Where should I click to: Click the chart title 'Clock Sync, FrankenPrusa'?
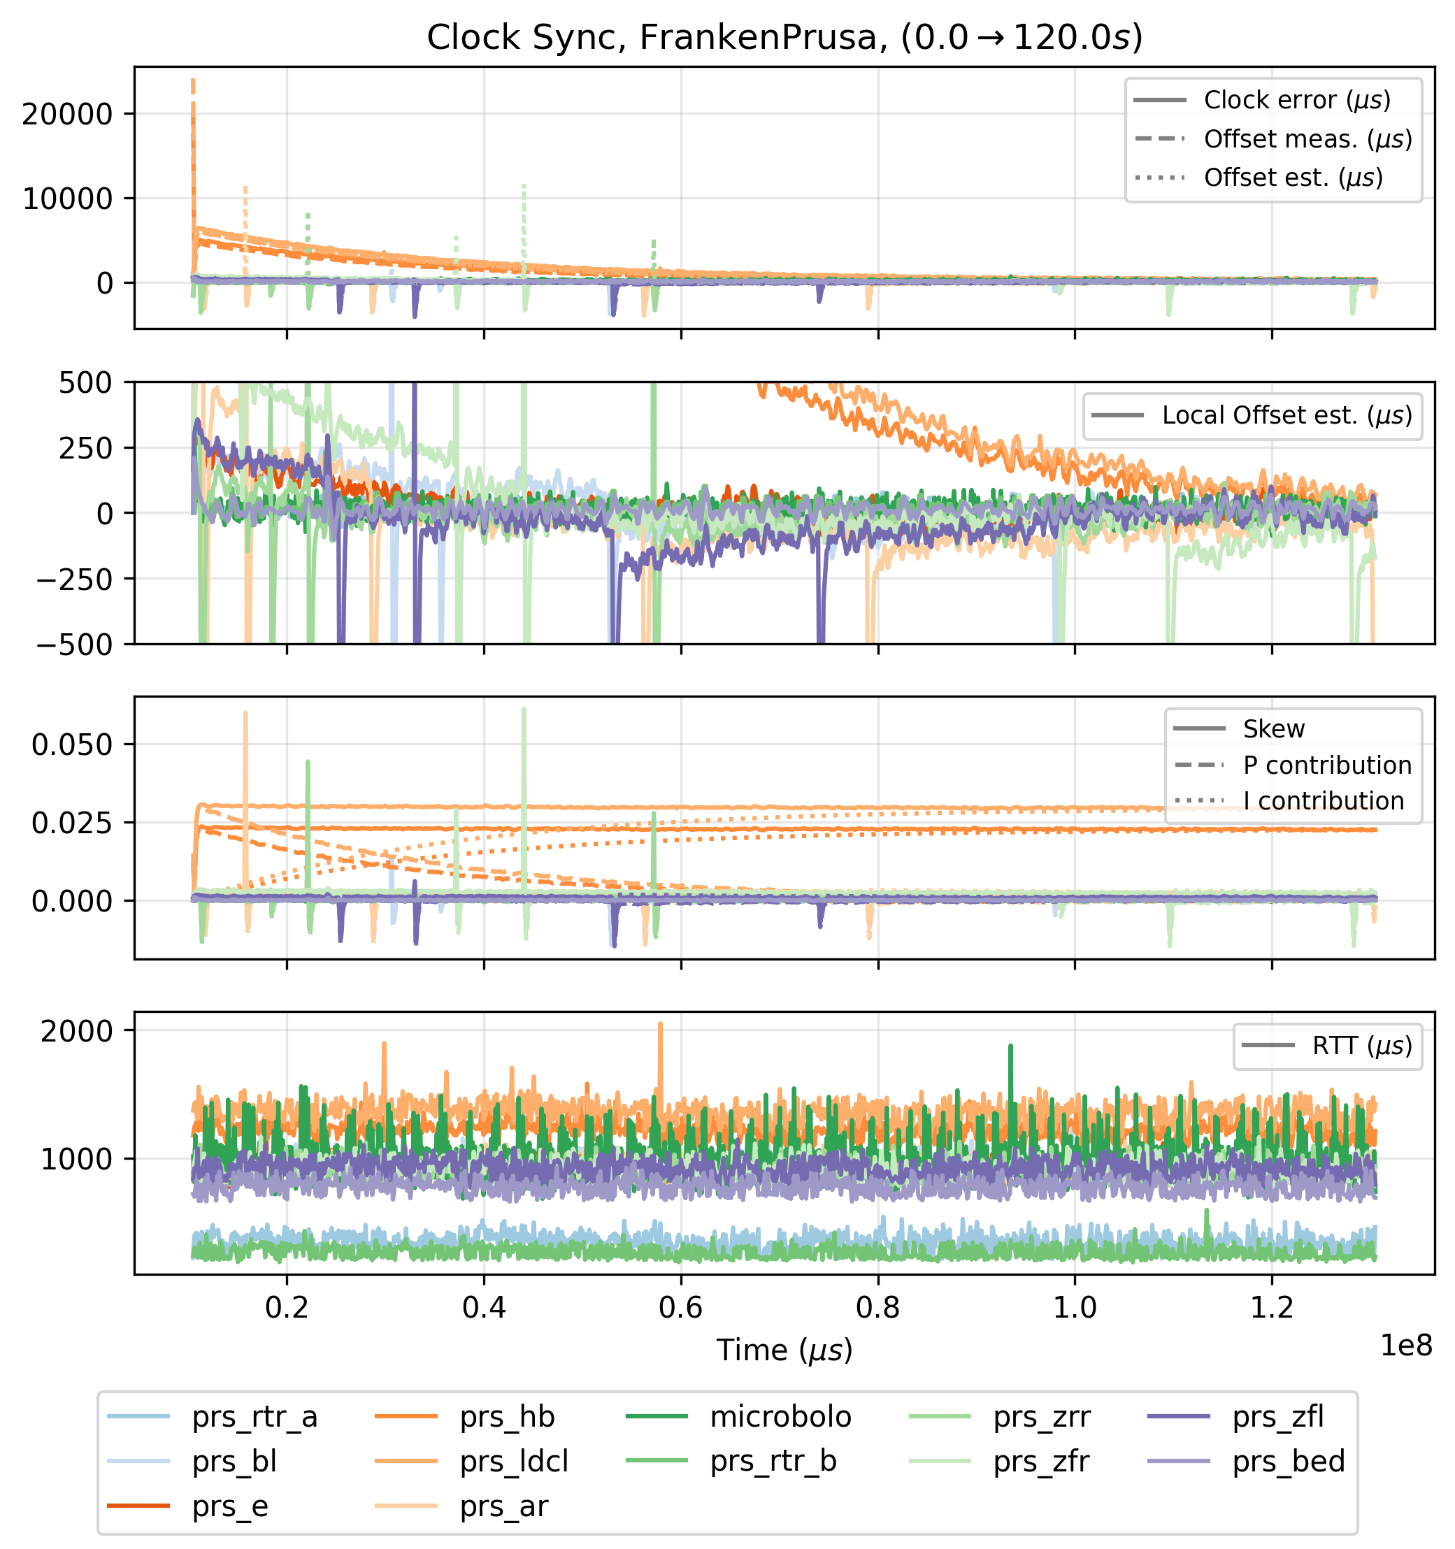click(x=784, y=38)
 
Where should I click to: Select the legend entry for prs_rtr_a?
click(x=254, y=1418)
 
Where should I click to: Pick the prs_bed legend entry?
click(x=1288, y=1462)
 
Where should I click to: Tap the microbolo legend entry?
click(x=780, y=1418)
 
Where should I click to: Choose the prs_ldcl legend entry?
click(x=514, y=1462)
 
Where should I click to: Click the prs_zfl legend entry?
click(x=1278, y=1418)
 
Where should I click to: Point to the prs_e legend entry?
click(x=230, y=1507)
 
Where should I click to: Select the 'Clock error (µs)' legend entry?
click(x=1297, y=101)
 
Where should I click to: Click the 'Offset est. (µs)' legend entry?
click(x=1293, y=178)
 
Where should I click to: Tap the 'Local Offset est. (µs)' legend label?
click(x=1286, y=416)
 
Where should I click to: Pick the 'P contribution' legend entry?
click(x=1327, y=766)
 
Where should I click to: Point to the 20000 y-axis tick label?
click(x=68, y=115)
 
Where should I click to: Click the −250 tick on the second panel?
click(x=76, y=579)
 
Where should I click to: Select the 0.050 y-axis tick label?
click(x=73, y=745)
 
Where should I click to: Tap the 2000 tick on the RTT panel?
click(x=77, y=1031)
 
